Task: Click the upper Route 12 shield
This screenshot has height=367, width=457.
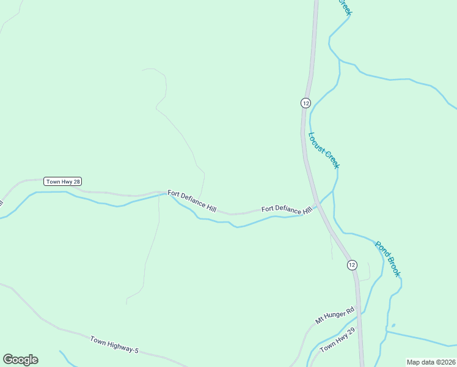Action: coord(305,102)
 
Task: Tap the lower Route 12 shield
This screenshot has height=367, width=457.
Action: coord(352,265)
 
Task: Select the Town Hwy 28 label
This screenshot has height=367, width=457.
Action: coord(63,182)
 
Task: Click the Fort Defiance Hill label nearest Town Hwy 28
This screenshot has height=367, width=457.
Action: coord(192,201)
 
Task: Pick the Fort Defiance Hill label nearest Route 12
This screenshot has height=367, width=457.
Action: coord(287,209)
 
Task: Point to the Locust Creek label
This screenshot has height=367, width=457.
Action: coord(324,150)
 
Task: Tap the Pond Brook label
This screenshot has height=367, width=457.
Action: coord(387,259)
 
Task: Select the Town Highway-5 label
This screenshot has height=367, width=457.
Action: coord(115,344)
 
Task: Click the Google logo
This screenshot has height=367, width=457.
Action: coord(20,360)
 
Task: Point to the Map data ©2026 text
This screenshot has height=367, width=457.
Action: coord(431,362)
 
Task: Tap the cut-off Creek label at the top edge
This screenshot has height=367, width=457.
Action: coord(345,7)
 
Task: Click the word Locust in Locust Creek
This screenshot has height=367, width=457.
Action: coord(318,143)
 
